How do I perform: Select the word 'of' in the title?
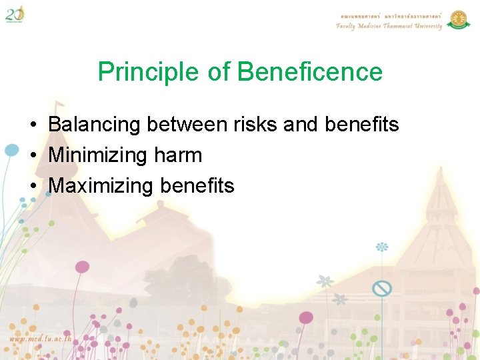pos(219,72)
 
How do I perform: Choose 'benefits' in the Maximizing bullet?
pos(197,186)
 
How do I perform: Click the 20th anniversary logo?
pos(15,13)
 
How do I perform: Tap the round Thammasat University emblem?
pos(459,19)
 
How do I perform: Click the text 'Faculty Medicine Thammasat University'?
pos(389,27)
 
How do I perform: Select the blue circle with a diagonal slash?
pos(381,289)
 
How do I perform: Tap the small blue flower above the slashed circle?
pos(382,247)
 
